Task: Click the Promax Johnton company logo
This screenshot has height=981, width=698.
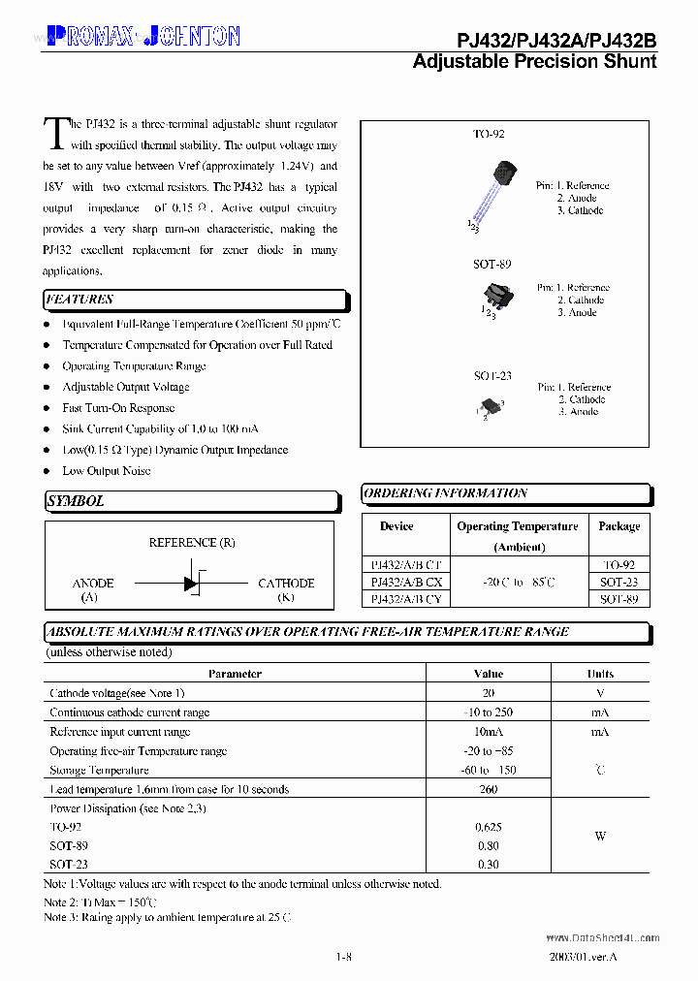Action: point(143,37)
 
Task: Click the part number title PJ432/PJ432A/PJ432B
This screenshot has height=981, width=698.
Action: point(556,40)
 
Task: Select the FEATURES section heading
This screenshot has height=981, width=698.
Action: point(79,300)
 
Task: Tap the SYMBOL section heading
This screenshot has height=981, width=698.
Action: point(75,501)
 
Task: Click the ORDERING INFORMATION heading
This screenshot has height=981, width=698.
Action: point(446,493)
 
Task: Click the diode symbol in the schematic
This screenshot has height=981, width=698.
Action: point(192,584)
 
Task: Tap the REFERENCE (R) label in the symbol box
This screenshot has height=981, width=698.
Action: point(192,543)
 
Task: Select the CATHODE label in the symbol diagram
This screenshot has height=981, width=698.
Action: point(286,584)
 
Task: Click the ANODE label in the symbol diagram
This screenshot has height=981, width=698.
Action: point(93,584)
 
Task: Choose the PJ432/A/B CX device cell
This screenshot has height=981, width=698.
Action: point(406,582)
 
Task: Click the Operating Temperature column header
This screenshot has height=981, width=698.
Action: point(518,526)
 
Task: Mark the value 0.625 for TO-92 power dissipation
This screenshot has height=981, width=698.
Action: point(489,827)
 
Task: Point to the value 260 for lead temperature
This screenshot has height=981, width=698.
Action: point(489,789)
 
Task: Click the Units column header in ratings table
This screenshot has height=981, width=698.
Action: point(600,674)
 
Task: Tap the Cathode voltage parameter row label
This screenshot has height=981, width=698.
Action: point(116,693)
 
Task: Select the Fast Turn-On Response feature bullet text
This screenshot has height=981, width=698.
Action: point(118,408)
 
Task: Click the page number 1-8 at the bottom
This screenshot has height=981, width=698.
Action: point(342,957)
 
